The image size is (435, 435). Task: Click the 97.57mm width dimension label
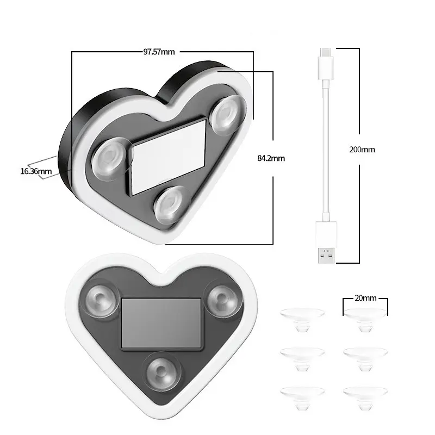(x=159, y=52)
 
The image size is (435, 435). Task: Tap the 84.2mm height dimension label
(x=271, y=158)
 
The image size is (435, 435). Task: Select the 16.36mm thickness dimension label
(x=36, y=171)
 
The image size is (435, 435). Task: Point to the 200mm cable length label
(x=362, y=149)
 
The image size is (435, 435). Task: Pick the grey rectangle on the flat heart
(x=161, y=323)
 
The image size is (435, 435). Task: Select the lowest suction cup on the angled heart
(x=172, y=204)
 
